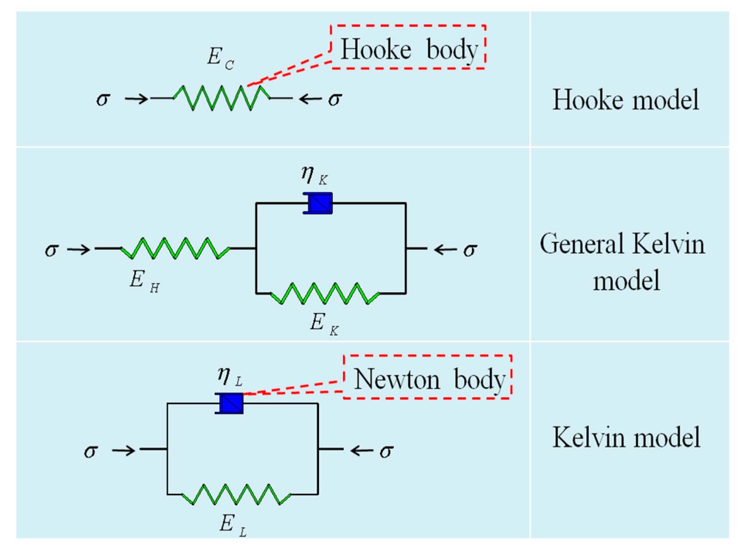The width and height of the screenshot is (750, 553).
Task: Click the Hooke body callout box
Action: (408, 47)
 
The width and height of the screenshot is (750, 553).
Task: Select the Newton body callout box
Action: (428, 377)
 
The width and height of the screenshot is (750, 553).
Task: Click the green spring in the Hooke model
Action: (222, 98)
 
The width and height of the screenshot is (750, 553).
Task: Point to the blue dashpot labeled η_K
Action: (317, 203)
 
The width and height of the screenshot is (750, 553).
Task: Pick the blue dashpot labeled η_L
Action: (229, 403)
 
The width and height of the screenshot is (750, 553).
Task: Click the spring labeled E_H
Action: (175, 248)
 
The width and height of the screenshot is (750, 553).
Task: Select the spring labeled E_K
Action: (325, 294)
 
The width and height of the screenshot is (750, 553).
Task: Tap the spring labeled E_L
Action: (236, 494)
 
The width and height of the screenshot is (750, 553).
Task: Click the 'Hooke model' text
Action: (626, 100)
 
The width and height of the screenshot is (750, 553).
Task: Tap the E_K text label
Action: (324, 323)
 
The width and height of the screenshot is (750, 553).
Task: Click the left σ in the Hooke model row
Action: (103, 99)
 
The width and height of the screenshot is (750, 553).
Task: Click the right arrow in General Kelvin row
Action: (445, 250)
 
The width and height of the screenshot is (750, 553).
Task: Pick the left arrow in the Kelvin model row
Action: (124, 450)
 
